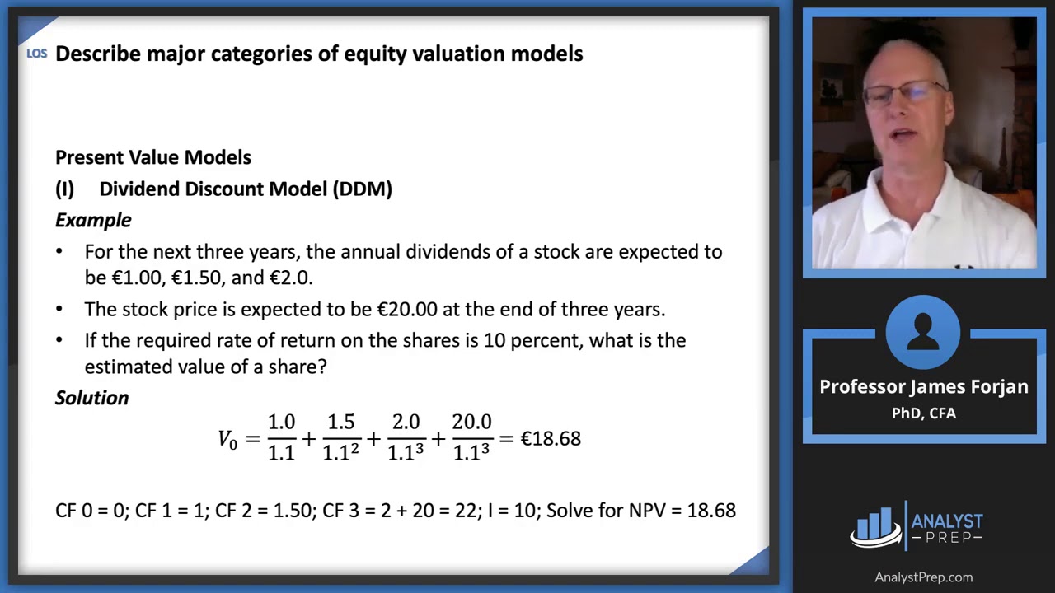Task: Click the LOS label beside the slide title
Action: (36, 54)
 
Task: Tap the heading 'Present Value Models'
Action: (153, 157)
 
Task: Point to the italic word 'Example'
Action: (93, 220)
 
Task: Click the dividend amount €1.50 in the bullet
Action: (196, 278)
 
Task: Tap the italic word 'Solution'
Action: (91, 398)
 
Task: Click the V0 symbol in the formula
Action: (227, 439)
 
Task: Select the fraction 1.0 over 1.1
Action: (281, 437)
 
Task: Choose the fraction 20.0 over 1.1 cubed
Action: (471, 437)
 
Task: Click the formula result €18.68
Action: (551, 438)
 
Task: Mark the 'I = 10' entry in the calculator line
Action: (511, 511)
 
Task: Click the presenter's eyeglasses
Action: (904, 92)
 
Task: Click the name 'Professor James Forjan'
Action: (924, 387)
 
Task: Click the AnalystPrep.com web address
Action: (923, 577)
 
